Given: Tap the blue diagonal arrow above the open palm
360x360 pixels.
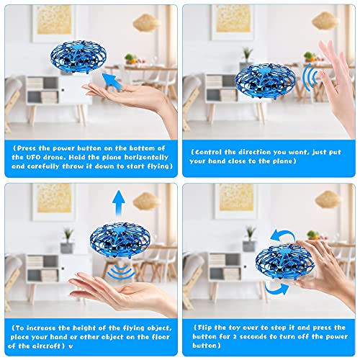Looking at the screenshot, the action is (113, 82).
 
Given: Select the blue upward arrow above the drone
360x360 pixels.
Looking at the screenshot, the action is (119, 203).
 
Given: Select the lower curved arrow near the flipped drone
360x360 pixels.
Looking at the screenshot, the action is (276, 289).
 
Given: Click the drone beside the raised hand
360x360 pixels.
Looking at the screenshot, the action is (266, 81).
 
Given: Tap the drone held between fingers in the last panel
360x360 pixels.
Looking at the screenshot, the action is (285, 261).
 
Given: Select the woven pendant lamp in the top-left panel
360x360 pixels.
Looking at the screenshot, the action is (146, 23).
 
